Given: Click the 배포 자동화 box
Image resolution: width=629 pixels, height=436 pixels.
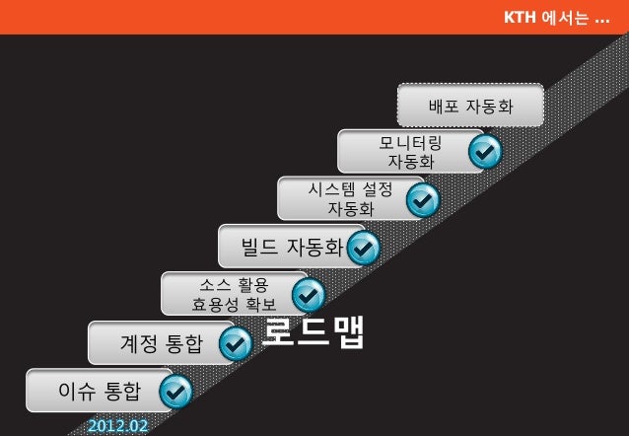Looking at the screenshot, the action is point(470,106).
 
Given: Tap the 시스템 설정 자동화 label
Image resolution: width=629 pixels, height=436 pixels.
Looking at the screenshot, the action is point(350,198).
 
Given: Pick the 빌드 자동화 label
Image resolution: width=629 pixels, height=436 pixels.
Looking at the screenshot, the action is point(292,246).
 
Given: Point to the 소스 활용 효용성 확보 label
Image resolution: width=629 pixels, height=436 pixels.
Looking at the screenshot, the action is point(234,294).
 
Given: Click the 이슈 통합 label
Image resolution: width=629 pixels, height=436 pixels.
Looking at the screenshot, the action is point(100,392).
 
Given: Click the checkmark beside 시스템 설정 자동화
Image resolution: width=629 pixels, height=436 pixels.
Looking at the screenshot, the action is point(423,200).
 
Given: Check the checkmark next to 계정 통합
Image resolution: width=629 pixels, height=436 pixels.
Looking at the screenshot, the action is point(235,343).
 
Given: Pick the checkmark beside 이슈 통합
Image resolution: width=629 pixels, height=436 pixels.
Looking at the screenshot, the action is point(175,393).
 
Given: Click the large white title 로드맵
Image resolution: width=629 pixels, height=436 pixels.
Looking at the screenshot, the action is point(314,332).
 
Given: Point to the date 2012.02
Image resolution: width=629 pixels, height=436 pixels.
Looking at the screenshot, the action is point(117,426).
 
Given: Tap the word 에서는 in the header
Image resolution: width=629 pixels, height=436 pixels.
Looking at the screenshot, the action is point(566,18).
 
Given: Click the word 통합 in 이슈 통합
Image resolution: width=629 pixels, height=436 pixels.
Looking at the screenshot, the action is point(122,392).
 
